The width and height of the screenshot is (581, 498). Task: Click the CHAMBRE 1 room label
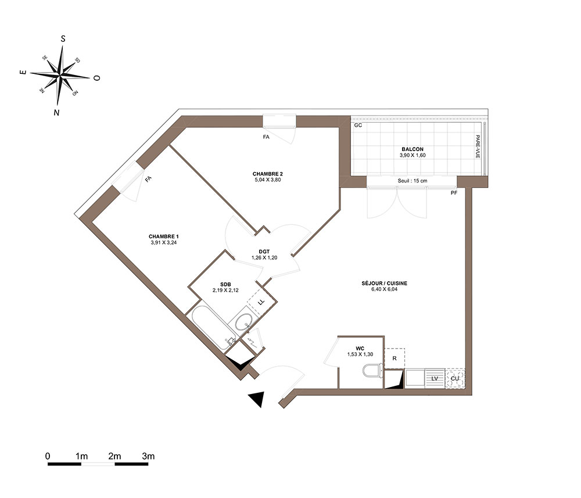(x=163, y=237)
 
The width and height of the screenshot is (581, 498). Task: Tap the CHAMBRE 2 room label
(x=267, y=174)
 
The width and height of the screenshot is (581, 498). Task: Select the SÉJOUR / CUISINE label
(x=384, y=283)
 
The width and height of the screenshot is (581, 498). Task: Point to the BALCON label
(x=413, y=149)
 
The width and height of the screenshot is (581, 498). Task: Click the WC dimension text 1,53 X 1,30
(x=360, y=354)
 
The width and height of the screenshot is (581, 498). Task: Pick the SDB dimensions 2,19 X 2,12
(x=225, y=290)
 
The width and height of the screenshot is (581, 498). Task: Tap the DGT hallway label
(x=264, y=252)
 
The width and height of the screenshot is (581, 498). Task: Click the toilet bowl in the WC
(x=372, y=370)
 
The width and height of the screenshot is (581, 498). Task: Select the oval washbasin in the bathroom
(x=244, y=321)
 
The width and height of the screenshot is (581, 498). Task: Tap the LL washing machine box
(x=261, y=302)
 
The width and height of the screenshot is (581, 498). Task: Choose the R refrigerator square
(x=394, y=359)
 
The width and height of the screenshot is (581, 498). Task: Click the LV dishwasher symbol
(x=435, y=379)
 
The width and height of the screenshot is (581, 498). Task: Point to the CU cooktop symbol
(x=455, y=379)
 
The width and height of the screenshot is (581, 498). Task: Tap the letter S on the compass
(x=63, y=38)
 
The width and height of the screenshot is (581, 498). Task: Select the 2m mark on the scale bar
(x=114, y=456)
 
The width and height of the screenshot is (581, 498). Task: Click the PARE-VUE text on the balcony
(x=478, y=146)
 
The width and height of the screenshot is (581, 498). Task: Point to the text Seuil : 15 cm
(x=413, y=181)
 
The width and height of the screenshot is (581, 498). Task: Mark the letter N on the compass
(x=56, y=113)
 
